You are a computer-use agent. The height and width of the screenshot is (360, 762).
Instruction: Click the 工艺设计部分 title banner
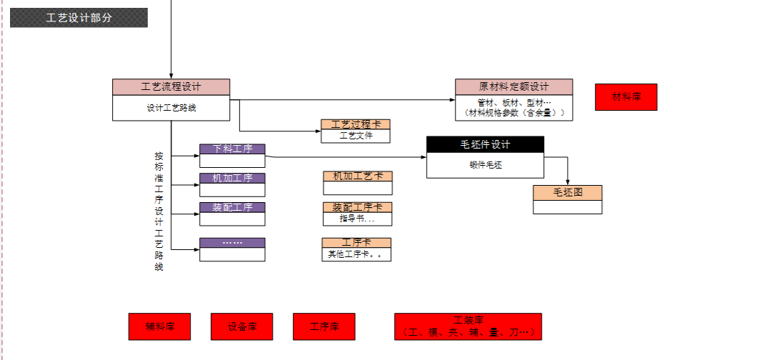coord(79,18)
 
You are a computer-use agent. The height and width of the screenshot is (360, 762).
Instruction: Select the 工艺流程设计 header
coord(171,87)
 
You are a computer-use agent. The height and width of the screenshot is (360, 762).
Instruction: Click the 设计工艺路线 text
coord(171,109)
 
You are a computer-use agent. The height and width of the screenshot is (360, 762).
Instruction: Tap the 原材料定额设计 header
coord(513,86)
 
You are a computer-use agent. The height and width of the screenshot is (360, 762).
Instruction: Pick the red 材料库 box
coord(626,97)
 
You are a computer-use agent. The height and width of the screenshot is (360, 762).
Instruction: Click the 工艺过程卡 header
coord(356,124)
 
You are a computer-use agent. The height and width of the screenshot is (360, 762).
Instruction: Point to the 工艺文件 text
coord(356,135)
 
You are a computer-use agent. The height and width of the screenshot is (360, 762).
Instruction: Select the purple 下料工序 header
coord(232,149)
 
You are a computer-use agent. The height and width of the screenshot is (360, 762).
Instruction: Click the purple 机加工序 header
coord(232,178)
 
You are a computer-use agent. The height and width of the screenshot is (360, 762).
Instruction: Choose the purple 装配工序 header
coord(232,207)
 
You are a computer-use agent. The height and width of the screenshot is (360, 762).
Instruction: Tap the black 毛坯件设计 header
coord(485,144)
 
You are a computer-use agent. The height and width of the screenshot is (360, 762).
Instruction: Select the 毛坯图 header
coord(567,192)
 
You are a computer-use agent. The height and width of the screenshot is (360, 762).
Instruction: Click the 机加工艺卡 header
coord(357,176)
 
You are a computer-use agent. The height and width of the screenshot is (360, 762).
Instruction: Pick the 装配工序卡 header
coord(357,207)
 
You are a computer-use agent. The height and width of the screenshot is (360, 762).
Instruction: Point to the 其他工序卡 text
coord(356,254)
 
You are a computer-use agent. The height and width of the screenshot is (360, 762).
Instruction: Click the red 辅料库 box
coord(159,326)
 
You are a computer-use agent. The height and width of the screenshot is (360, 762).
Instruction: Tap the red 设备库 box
coord(242,326)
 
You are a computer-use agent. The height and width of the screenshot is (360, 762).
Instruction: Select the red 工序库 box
coord(324,326)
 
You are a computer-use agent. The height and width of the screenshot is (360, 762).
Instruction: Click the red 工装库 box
coord(468,326)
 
